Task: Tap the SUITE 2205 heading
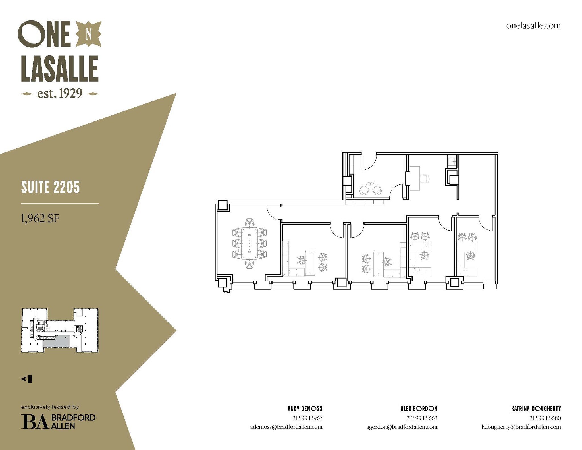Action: click(51, 187)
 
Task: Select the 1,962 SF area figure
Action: click(40, 218)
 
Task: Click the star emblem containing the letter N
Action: click(88, 34)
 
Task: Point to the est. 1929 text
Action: click(60, 93)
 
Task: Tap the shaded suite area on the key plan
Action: click(56, 341)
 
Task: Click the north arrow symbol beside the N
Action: click(23, 379)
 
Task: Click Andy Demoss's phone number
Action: click(307, 418)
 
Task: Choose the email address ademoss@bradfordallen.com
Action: click(286, 427)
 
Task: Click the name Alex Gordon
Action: click(419, 409)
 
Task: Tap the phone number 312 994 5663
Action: click(422, 418)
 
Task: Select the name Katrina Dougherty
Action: click(536, 409)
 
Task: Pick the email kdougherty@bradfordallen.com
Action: click(521, 427)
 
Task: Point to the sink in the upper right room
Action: click(452, 161)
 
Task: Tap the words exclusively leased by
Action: click(50, 407)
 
